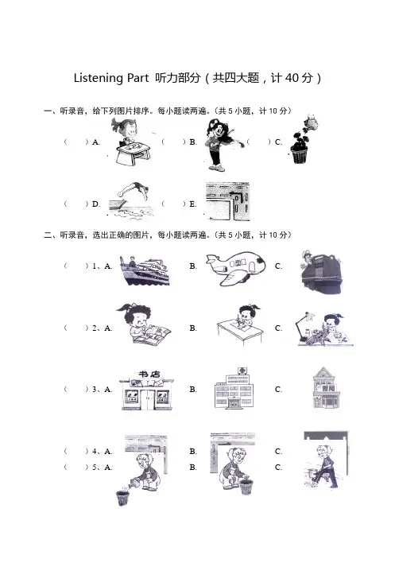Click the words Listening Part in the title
110,78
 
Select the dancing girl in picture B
220,145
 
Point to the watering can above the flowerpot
312,122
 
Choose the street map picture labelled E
227,201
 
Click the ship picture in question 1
144,270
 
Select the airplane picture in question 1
236,267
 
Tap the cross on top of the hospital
242,371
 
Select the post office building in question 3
325,388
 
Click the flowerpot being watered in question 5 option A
122,499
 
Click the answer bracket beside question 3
76,389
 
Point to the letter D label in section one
95,204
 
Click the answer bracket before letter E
173,204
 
